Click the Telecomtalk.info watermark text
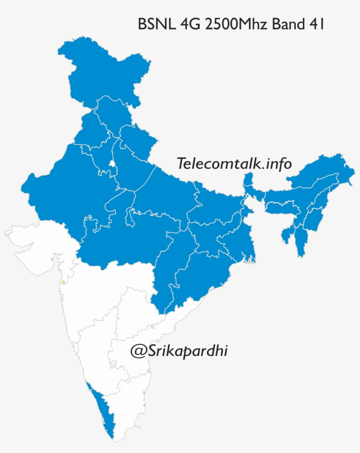click(234, 163)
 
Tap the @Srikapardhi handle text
click(179, 351)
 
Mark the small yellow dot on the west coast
click(64, 282)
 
